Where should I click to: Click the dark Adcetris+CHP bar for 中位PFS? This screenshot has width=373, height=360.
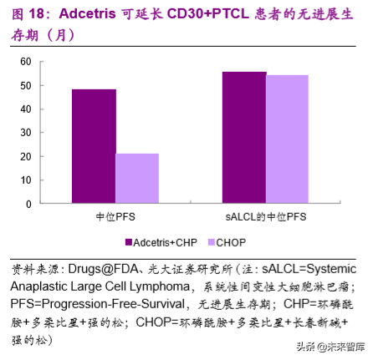pyautogui.click(x=94, y=146)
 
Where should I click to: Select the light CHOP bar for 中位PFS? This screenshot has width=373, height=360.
pyautogui.click(x=137, y=178)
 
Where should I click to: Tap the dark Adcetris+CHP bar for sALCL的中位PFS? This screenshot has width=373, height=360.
pyautogui.click(x=243, y=137)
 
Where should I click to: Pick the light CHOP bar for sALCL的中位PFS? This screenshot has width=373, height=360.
pyautogui.click(x=287, y=139)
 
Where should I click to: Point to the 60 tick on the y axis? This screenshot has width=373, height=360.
pyautogui.click(x=25, y=62)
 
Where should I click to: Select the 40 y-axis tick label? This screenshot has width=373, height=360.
pyautogui.click(x=25, y=109)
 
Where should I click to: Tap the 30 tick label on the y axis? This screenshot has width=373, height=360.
pyautogui.click(x=25, y=133)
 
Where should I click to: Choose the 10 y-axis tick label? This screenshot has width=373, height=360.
pyautogui.click(x=25, y=180)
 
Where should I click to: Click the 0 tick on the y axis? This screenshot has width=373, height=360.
pyautogui.click(x=28, y=204)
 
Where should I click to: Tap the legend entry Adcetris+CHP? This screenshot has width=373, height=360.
pyautogui.click(x=162, y=242)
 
